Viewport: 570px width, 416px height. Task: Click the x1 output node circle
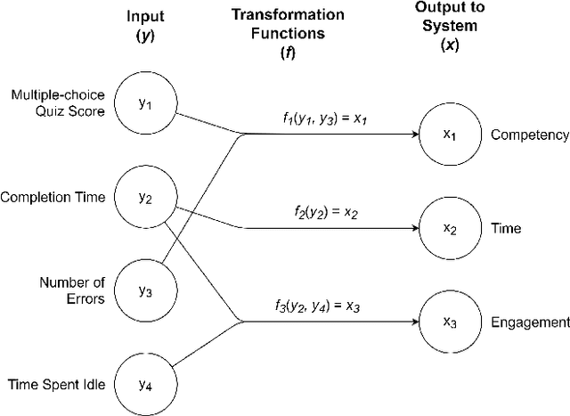coord(451,135)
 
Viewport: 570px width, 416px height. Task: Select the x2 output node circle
coord(451,229)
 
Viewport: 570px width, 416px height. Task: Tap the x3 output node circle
coord(451,322)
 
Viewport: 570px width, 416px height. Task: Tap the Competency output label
coord(530,135)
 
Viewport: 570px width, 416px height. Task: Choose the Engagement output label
coord(530,322)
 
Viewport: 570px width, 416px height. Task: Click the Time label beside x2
coord(506,229)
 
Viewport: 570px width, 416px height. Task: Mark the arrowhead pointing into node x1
coord(413,135)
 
